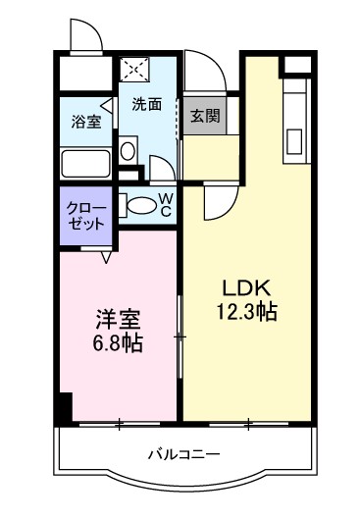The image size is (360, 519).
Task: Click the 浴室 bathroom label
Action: pos(85,123)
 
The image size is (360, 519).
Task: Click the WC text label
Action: pos(166,204)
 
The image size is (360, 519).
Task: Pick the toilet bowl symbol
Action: pos(141,205)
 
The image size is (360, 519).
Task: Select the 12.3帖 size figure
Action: pos(246,313)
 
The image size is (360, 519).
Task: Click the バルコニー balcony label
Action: pos(184,454)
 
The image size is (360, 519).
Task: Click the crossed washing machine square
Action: pos(133,71)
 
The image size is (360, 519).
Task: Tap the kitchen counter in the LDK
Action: pos(293,118)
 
